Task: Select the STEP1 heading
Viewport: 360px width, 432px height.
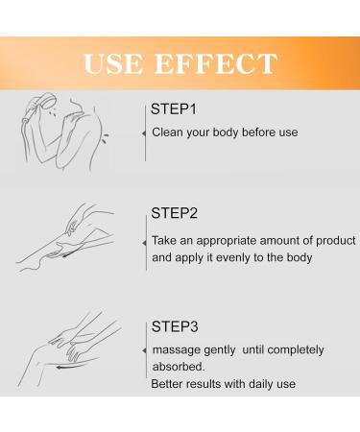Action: point(177,108)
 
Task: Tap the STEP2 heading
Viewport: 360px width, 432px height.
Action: point(179,212)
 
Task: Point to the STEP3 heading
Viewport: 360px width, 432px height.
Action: point(179,324)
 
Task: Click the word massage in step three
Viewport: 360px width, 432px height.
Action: point(174,349)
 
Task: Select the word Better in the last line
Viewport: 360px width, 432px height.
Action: point(169,385)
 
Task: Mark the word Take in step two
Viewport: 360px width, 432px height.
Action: point(164,240)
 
